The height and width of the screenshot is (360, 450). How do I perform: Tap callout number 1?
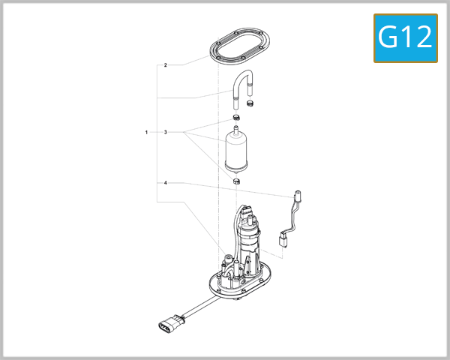pyautogui.click(x=146, y=132)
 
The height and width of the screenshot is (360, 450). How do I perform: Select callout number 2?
pyautogui.click(x=165, y=65)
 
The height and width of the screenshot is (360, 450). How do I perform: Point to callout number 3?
pyautogui.click(x=165, y=132)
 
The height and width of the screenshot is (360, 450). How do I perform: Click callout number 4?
pyautogui.click(x=165, y=183)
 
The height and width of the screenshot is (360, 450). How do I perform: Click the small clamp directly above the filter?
pyautogui.click(x=236, y=118)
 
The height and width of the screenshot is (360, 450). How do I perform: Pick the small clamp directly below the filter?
pyautogui.click(x=236, y=181)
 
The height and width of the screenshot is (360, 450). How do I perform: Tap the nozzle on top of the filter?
pyautogui.click(x=237, y=131)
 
